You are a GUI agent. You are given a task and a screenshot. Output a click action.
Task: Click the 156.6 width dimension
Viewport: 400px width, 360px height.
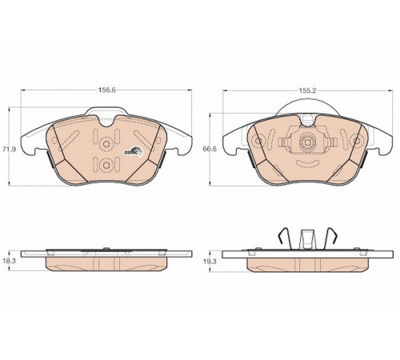coord(106,90)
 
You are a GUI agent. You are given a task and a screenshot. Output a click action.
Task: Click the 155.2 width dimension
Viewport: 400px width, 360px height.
coord(307,90)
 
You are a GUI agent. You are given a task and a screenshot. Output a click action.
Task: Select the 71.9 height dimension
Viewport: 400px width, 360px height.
coord(10,149)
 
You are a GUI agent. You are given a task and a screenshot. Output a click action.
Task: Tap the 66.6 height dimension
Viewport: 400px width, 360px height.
coord(210,149)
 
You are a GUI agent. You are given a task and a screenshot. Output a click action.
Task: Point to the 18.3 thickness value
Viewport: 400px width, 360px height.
coord(10,261)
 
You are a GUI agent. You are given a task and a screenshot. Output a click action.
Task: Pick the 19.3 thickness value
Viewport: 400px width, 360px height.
coord(210,262)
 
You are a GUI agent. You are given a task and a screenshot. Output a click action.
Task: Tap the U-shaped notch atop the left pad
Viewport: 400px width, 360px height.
coord(106,122)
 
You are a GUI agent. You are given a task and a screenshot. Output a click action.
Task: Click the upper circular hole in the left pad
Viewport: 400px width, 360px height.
coord(106,144)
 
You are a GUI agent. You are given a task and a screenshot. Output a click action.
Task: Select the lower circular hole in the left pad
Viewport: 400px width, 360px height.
coord(106,166)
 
